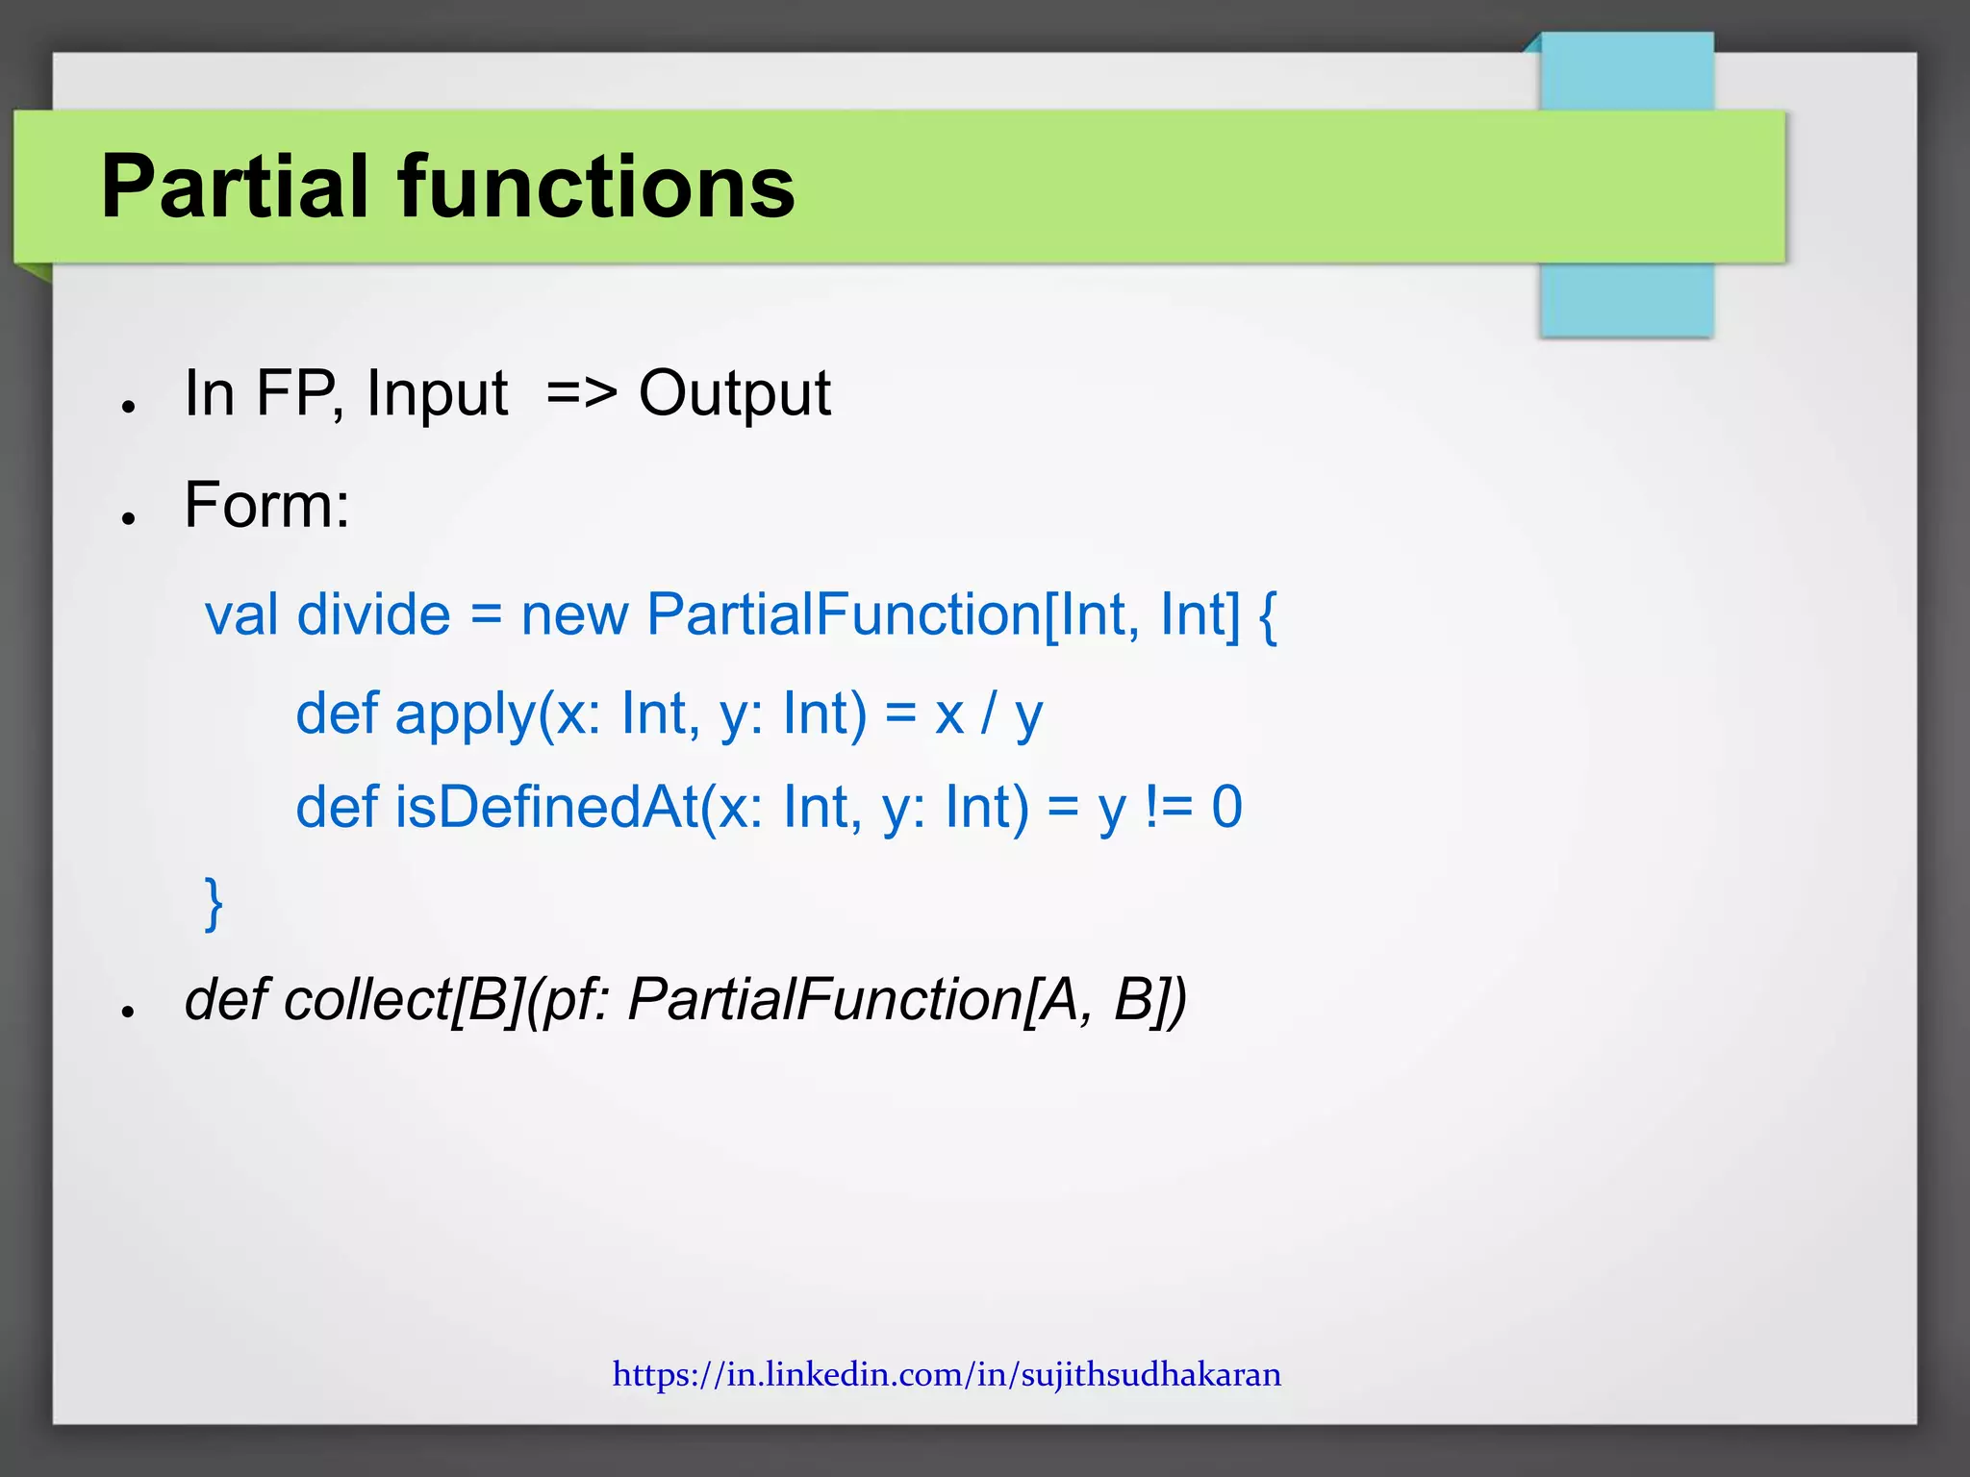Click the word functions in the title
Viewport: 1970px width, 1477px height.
click(x=595, y=187)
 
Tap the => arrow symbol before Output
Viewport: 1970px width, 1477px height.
click(x=581, y=393)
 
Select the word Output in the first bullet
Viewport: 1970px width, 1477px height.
click(x=735, y=393)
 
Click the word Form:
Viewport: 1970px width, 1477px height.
click(x=266, y=505)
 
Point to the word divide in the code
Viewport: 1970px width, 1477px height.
click(x=373, y=614)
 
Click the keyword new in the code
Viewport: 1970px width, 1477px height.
click(x=574, y=614)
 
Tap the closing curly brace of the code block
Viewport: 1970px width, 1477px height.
click(x=214, y=903)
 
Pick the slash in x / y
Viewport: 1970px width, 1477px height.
click(x=988, y=714)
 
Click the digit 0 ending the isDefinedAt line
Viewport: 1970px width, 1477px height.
click(x=1227, y=807)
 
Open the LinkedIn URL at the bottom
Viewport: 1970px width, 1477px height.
click(x=947, y=1374)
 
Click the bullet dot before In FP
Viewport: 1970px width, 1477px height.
click(x=127, y=408)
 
